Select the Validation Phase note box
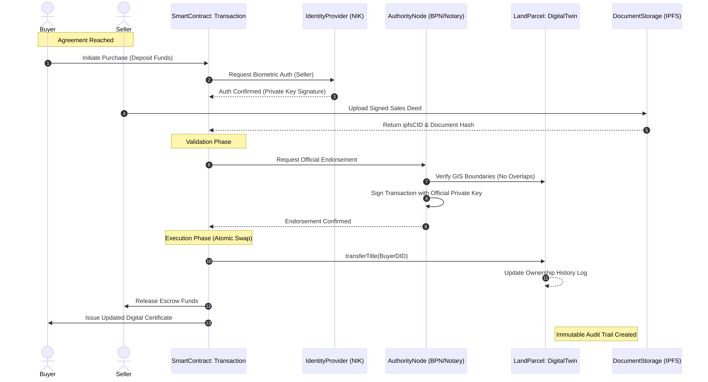point(209,141)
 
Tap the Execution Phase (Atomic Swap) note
point(209,238)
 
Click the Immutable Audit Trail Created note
point(596,334)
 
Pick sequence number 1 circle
point(48,63)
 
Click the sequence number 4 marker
point(124,114)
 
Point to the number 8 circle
point(426,198)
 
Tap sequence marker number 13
point(208,323)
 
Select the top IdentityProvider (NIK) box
point(335,16)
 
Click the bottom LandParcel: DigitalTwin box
point(545,361)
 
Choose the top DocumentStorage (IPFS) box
point(647,16)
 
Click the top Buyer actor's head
point(48,8)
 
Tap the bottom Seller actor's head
point(124,352)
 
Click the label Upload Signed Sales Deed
point(385,108)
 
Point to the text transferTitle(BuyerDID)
point(376,256)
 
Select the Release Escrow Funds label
point(167,301)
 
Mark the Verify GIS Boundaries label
point(485,176)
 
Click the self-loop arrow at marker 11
point(563,282)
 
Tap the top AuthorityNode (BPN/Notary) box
point(426,16)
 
